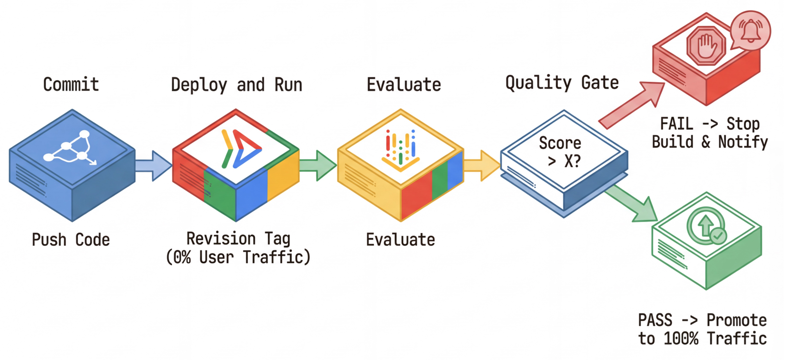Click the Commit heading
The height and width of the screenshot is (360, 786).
[x=71, y=85]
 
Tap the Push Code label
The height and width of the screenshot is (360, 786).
[x=71, y=240]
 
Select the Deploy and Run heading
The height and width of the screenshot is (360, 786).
[x=237, y=85]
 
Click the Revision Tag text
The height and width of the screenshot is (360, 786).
[x=238, y=239]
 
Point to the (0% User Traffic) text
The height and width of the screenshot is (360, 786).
[x=238, y=257]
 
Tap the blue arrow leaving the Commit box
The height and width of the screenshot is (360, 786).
[x=153, y=166]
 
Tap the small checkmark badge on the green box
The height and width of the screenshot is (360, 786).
[x=718, y=236]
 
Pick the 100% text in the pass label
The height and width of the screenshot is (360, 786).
[x=681, y=339]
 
